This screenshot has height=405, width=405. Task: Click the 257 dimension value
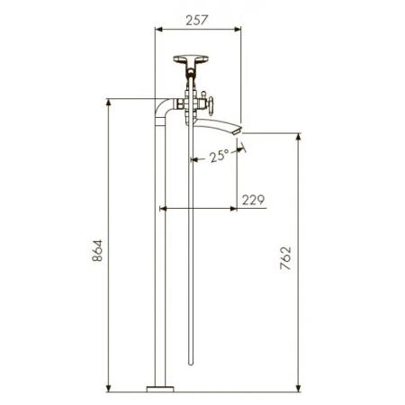coord(196,20)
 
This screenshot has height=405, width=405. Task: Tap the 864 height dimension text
coord(97,250)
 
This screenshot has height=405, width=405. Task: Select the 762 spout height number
coord(285,258)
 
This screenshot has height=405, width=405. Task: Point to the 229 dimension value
coord(253,200)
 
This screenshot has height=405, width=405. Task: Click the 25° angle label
coord(220,156)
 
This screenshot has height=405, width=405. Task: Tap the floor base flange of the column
coord(160,389)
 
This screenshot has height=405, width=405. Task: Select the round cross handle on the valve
coord(211,105)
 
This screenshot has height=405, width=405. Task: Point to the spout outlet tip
coord(238,130)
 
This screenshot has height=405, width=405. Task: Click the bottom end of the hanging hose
coord(191,363)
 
